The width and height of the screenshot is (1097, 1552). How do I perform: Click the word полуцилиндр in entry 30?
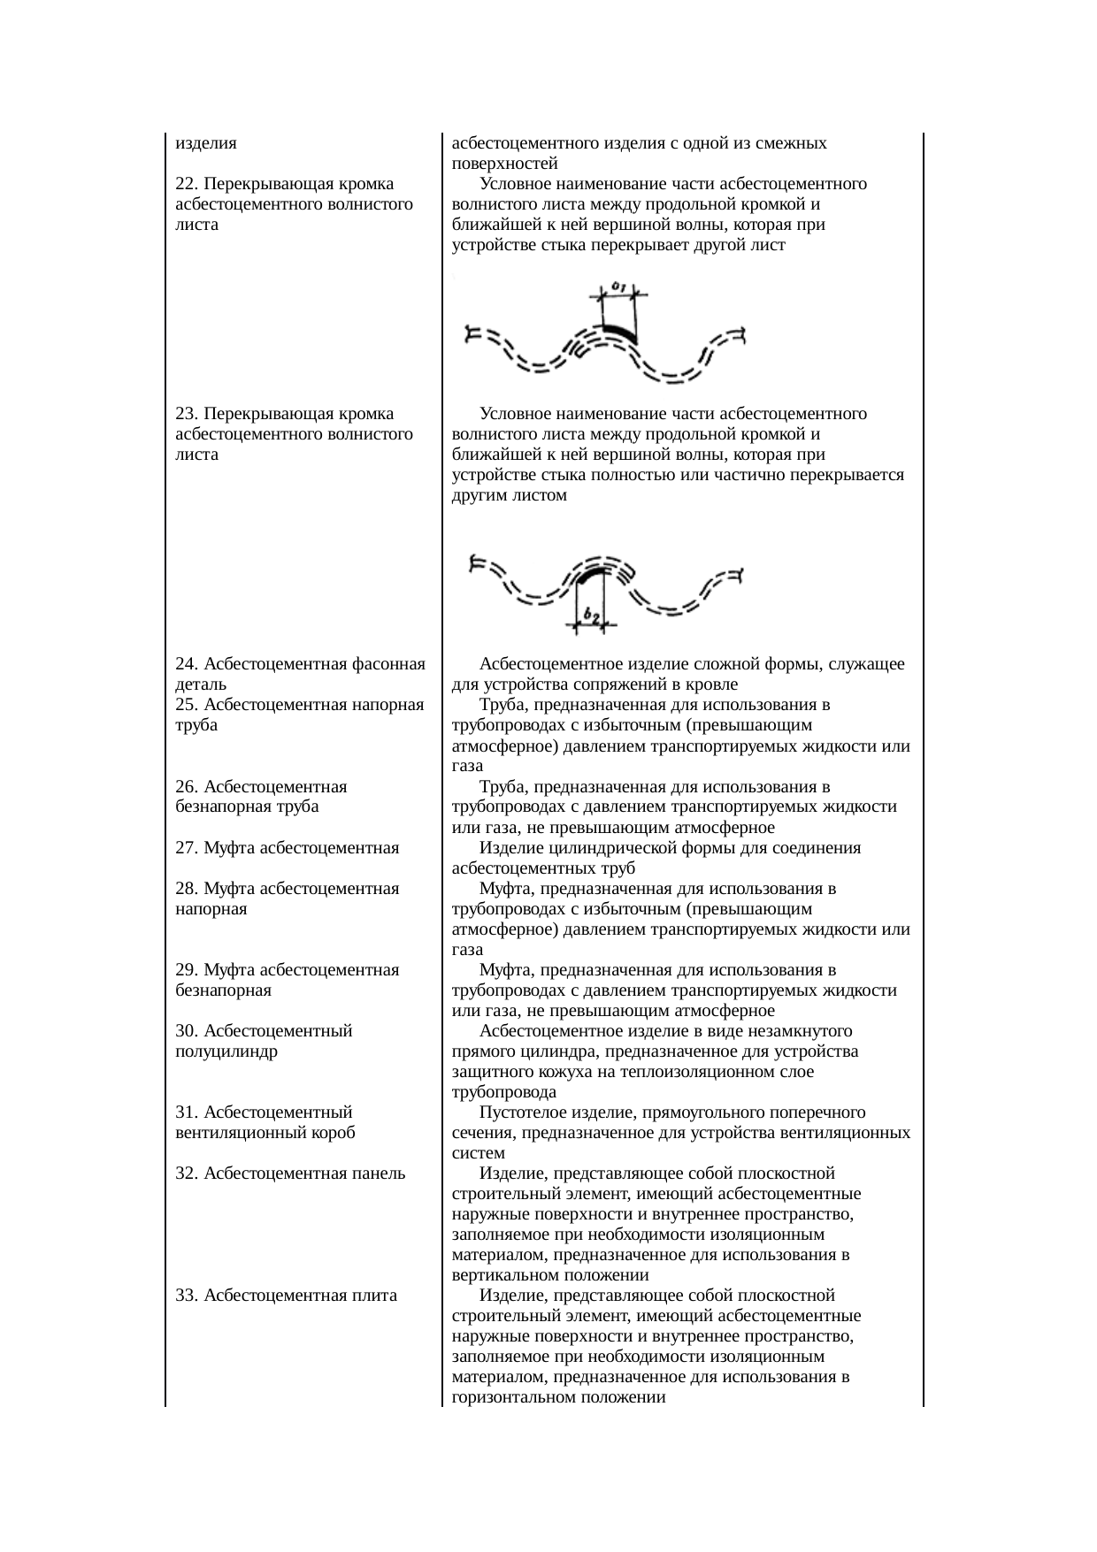click(227, 1051)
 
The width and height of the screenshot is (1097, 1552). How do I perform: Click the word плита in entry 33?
click(375, 1296)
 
